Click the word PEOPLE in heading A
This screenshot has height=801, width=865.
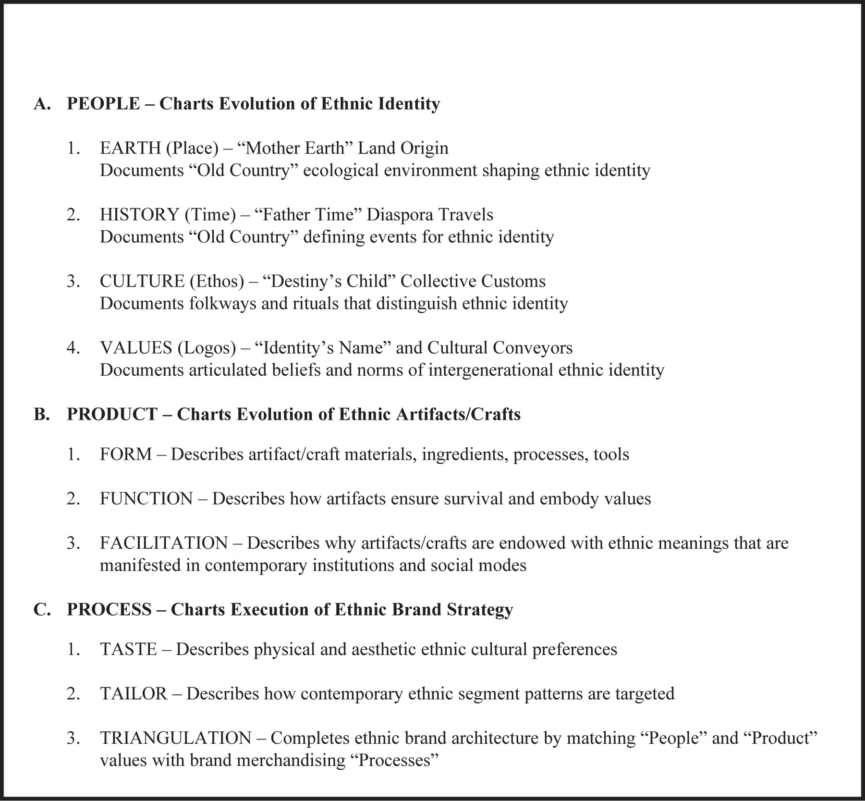point(103,104)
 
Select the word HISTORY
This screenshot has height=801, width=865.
point(139,214)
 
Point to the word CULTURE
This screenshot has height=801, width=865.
point(142,281)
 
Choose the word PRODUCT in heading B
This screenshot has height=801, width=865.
point(111,414)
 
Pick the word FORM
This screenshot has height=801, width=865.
point(125,454)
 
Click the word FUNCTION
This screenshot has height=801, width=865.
point(146,499)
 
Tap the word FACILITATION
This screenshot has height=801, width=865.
point(163,543)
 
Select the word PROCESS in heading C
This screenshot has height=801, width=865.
point(109,609)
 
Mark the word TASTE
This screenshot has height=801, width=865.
point(128,650)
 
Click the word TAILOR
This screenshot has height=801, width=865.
point(133,694)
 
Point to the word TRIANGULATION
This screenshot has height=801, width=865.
point(175,738)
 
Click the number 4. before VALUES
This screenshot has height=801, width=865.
point(73,347)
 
